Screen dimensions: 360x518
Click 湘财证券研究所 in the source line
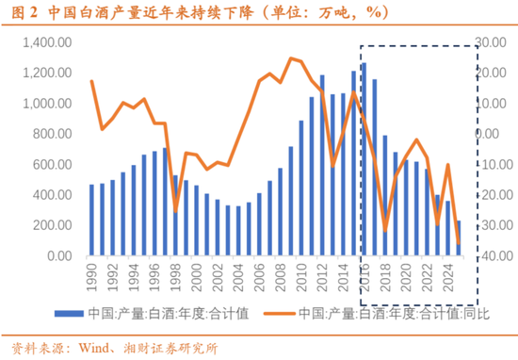[165, 347]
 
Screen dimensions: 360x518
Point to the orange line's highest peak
[291, 58]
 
